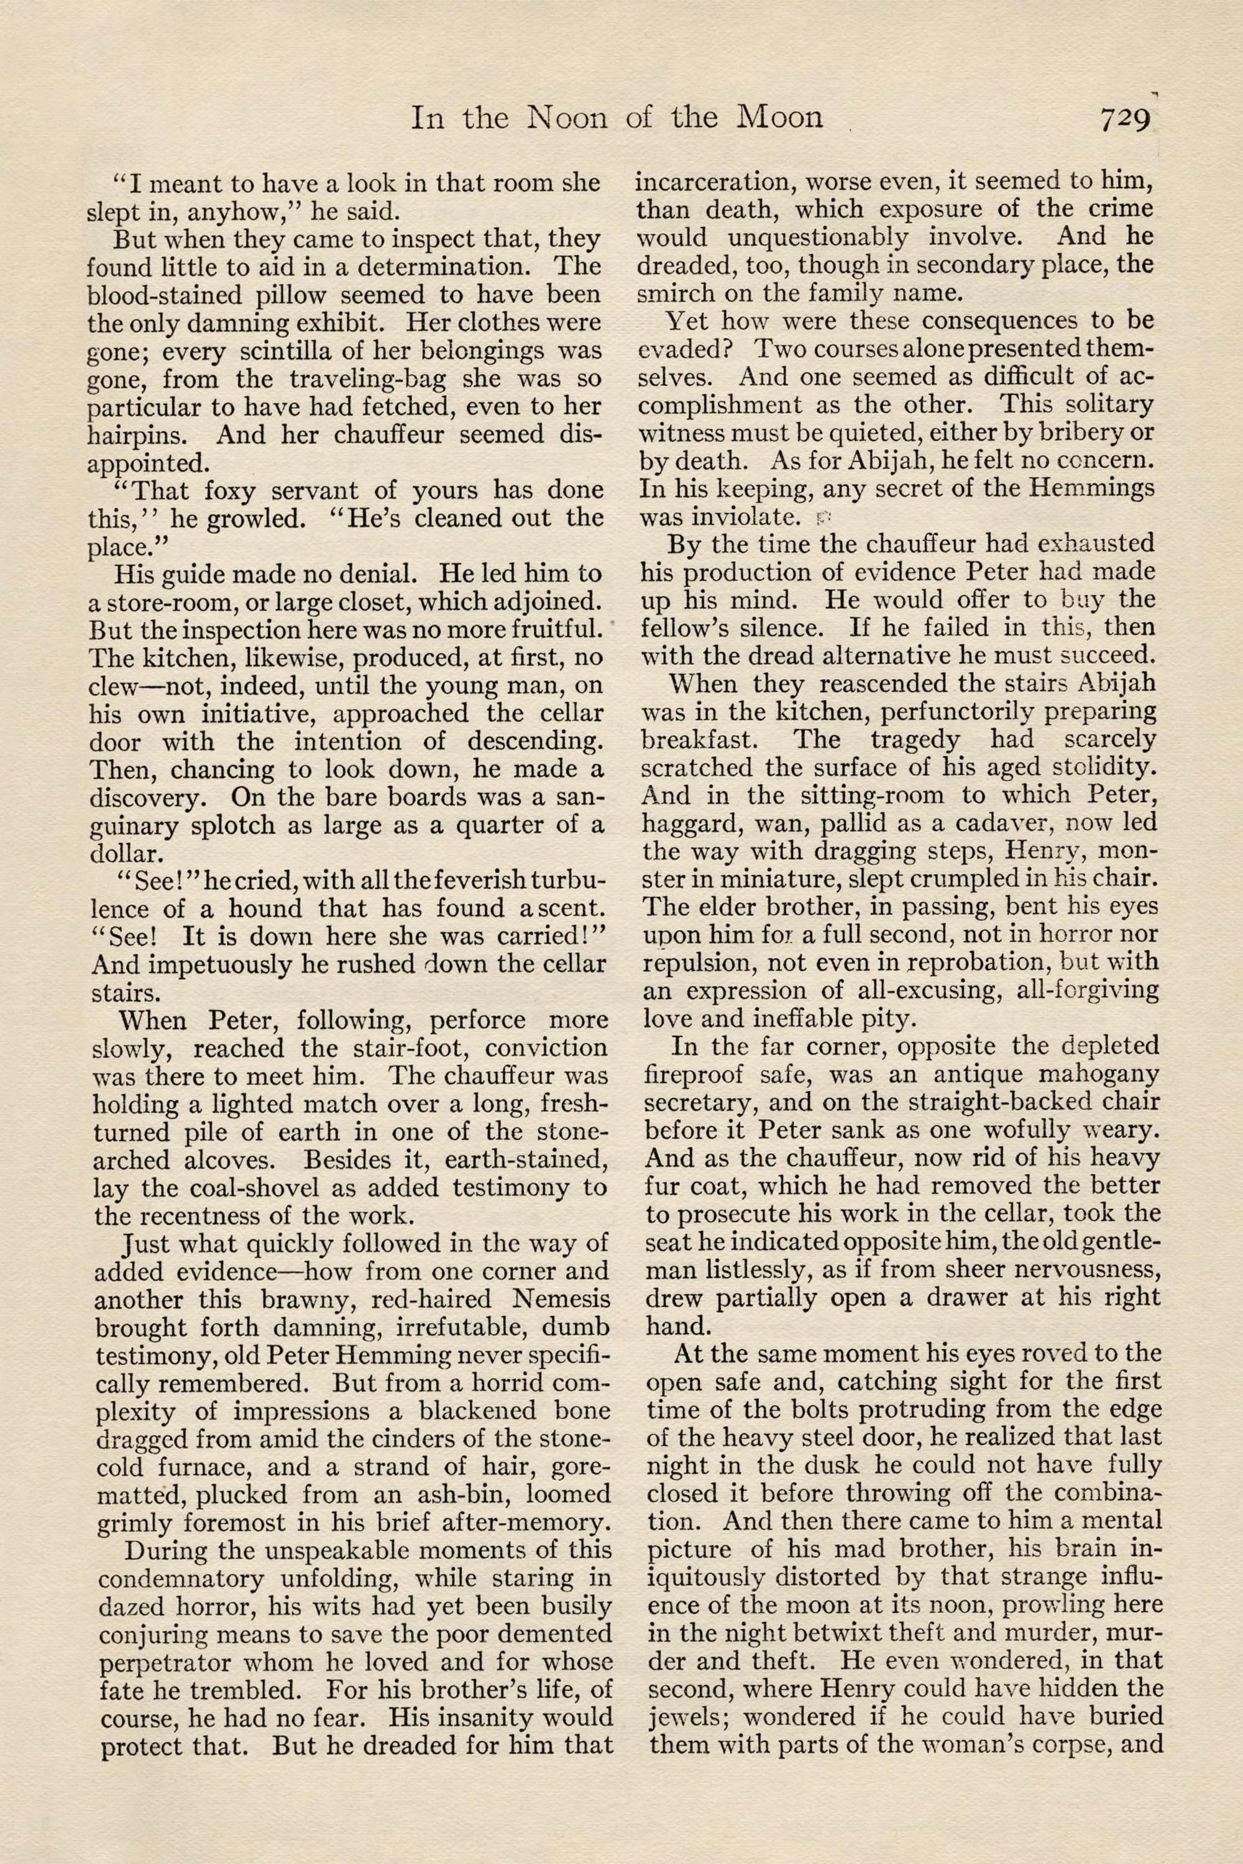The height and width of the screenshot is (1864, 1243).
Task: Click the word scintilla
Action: (x=270, y=350)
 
